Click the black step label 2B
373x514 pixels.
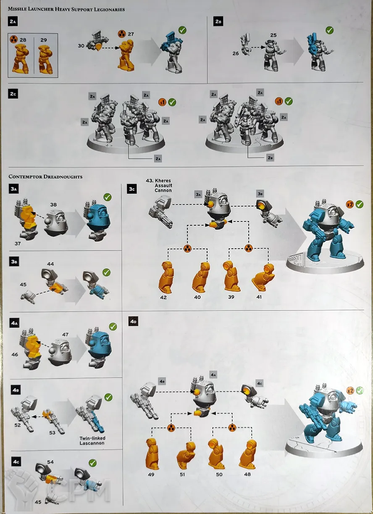tap(218, 21)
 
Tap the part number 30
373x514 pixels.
tap(81, 46)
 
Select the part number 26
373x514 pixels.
tap(236, 53)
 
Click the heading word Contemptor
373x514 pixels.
tap(26, 177)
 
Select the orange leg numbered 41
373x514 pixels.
tap(263, 277)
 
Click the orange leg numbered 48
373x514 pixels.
tap(248, 451)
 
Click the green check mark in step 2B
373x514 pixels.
tap(329, 30)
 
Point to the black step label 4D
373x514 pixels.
tap(133, 322)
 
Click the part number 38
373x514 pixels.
tap(53, 205)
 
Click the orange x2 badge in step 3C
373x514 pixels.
tap(349, 204)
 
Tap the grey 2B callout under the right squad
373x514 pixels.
tap(270, 158)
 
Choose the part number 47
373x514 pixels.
tap(66, 335)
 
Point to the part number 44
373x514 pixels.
tap(50, 264)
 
